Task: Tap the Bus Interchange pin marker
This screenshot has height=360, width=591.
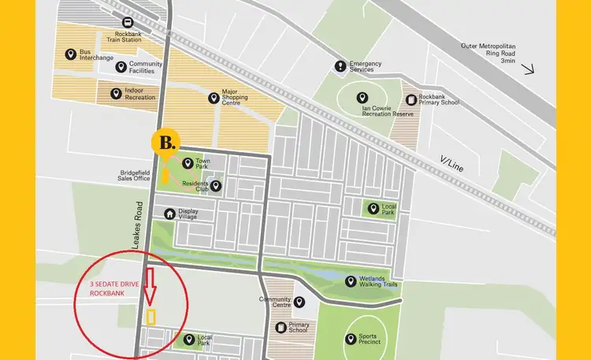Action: (69, 55)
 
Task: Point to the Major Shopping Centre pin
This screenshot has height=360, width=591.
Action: (213, 98)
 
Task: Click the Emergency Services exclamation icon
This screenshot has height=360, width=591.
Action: (340, 66)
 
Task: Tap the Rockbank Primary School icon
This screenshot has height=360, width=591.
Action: (411, 99)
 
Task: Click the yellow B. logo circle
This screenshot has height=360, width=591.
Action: (167, 143)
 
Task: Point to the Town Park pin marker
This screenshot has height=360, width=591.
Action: (188, 164)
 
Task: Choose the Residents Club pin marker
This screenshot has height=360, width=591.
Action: (216, 187)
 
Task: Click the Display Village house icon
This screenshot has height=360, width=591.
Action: (169, 213)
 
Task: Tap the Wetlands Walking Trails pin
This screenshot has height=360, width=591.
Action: (350, 281)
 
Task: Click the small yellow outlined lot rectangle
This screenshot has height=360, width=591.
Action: (151, 317)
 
